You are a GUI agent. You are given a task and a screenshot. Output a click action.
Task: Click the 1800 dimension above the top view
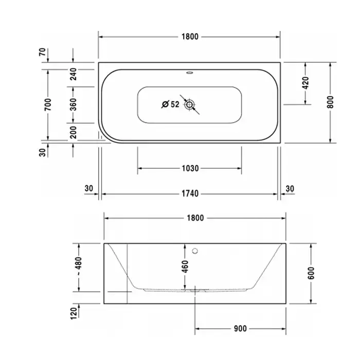coord(190,37)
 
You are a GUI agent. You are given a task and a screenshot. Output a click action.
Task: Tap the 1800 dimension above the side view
coord(195,218)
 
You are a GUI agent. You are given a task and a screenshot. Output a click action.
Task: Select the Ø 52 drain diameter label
coord(170,104)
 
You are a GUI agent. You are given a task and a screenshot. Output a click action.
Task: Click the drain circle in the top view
coord(189,105)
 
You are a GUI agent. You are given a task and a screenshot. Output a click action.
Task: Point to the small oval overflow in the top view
coord(190,73)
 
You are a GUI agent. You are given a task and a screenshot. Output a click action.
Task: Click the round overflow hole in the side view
coord(195,251)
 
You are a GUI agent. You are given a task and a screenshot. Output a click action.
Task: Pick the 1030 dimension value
coord(190,169)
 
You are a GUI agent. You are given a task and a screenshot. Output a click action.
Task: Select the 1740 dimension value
coord(190,194)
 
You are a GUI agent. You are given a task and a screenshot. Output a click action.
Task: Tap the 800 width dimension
coord(330,102)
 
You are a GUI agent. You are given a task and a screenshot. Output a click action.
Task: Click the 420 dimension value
coord(305,83)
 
